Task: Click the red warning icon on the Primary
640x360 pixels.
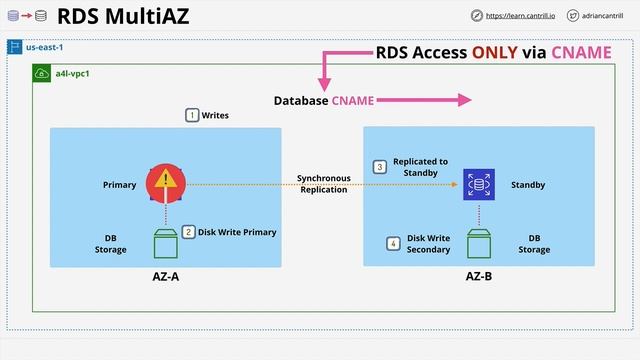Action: (165, 182)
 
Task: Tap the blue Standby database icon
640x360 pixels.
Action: (478, 185)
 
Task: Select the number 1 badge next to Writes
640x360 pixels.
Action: (191, 116)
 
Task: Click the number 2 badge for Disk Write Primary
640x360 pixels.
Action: (188, 232)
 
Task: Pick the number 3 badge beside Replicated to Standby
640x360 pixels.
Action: (379, 167)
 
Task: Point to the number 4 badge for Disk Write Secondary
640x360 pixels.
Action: (393, 244)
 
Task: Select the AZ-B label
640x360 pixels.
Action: (478, 276)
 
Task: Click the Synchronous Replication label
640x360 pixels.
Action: (323, 184)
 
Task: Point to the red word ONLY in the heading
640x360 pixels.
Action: (486, 52)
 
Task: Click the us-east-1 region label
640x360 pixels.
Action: (44, 47)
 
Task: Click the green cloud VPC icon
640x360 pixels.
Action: (43, 74)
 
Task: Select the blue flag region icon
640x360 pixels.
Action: (15, 47)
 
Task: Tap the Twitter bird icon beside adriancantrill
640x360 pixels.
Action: (573, 16)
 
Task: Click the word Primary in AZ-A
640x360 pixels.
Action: (119, 185)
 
